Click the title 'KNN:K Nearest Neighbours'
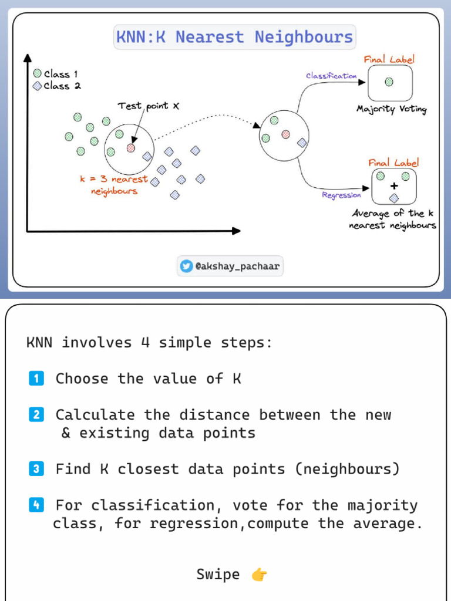point(234,37)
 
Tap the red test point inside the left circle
point(131,148)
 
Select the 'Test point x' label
point(148,106)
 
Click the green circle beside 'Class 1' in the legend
point(37,74)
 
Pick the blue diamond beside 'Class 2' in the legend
point(37,86)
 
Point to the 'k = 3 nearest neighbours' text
point(114,185)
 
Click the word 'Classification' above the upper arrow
point(331,76)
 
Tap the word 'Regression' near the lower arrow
point(341,195)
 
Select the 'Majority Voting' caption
point(391,109)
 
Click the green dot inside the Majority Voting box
point(389,82)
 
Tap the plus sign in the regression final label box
point(394,186)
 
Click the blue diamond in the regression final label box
point(394,197)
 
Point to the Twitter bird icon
point(186,266)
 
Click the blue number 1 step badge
point(36,379)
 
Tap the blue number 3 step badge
point(36,469)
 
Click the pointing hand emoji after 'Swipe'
point(259,575)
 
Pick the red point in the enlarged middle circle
point(286,134)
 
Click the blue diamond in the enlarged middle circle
point(302,142)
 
